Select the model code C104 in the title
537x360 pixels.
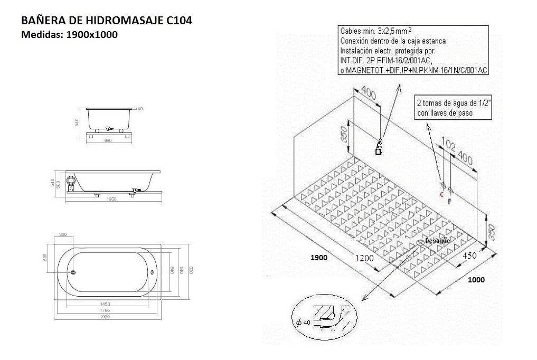click(x=179, y=21)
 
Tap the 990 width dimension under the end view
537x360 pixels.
click(x=109, y=140)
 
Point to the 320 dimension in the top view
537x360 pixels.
click(x=63, y=234)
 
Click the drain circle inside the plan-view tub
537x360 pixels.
click(x=74, y=273)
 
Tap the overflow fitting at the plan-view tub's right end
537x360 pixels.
click(x=153, y=273)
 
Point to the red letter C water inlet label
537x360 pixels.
click(x=442, y=194)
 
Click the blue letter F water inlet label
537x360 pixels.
click(x=449, y=201)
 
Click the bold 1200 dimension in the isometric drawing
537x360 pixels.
click(x=364, y=258)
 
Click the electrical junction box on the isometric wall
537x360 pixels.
click(x=379, y=151)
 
